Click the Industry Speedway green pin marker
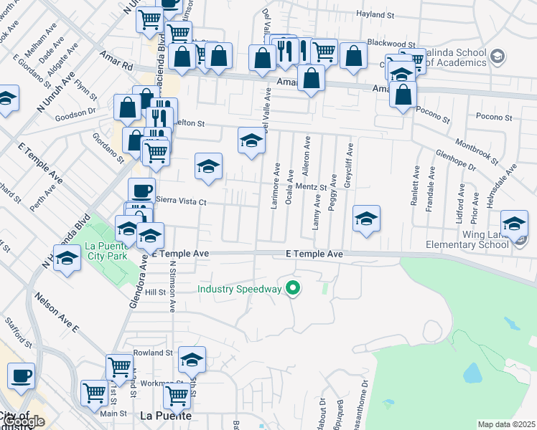[x=293, y=289]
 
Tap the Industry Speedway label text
[x=240, y=290]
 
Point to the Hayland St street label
[x=375, y=14]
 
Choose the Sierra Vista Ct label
[x=181, y=201]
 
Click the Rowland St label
[x=154, y=353]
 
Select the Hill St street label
[x=155, y=292]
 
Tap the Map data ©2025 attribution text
[x=506, y=424]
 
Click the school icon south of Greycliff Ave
[x=366, y=218]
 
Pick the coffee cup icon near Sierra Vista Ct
[x=141, y=191]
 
